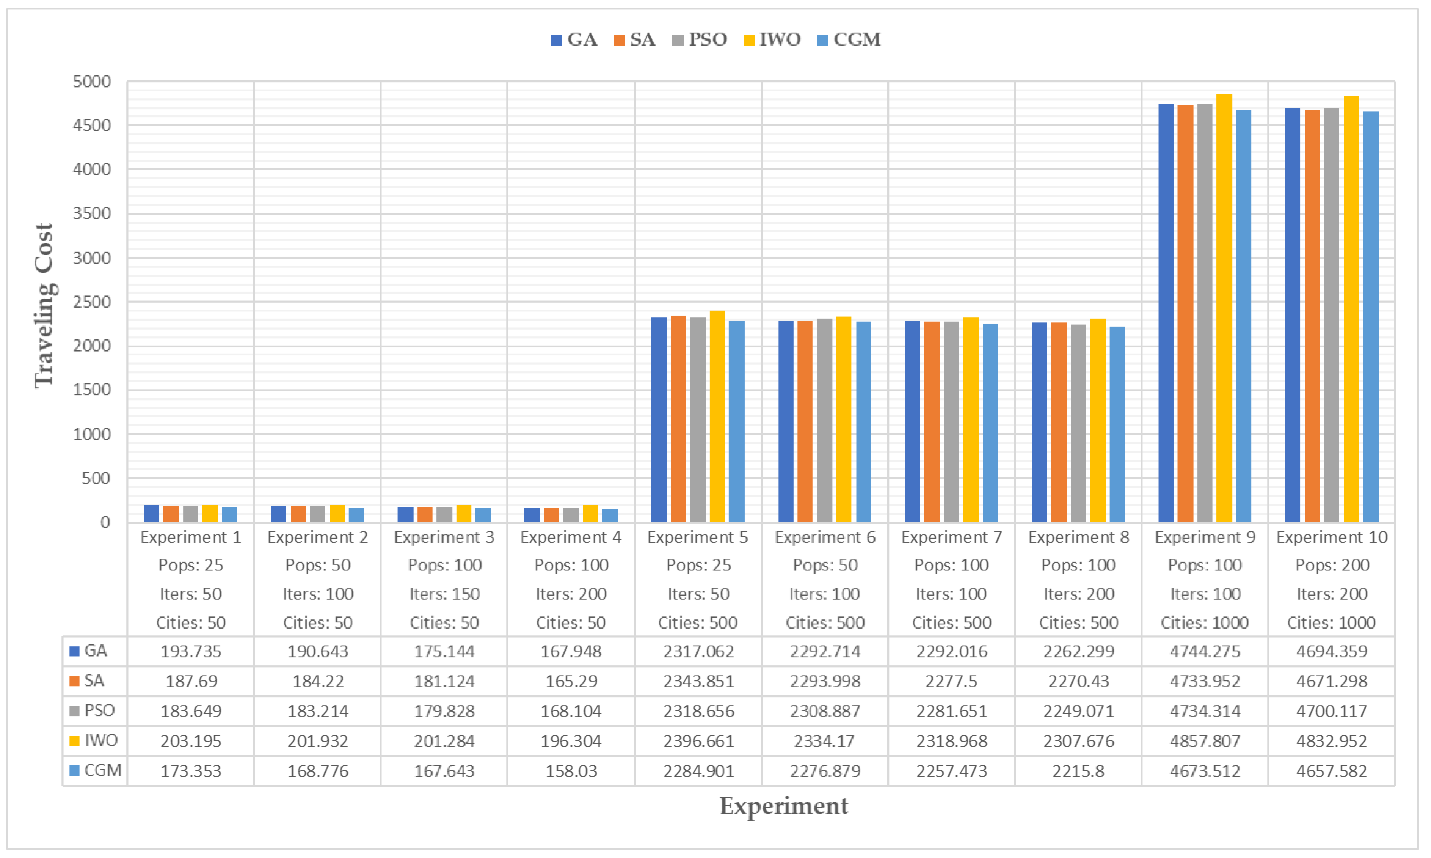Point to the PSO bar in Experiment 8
[1078, 423]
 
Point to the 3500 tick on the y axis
[92, 213]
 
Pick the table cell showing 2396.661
[698, 741]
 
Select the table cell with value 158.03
[571, 771]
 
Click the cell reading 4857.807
[1205, 741]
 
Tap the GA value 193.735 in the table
[191, 652]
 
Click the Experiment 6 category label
[825, 537]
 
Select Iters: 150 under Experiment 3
[444, 594]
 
